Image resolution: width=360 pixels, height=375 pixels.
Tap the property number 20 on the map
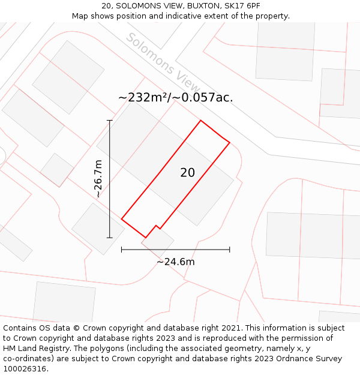point(187,173)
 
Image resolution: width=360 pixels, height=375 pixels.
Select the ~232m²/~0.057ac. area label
point(175,98)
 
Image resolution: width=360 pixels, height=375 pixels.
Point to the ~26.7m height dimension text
point(98,179)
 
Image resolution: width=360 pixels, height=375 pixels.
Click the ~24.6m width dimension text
point(175,262)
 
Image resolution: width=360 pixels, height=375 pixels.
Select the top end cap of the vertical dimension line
point(110,121)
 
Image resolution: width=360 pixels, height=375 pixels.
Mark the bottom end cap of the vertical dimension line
point(110,238)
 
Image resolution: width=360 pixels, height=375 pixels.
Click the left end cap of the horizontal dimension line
point(122,249)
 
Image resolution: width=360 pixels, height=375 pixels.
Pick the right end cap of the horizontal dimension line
point(230,249)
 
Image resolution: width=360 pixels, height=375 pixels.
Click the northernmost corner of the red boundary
point(200,121)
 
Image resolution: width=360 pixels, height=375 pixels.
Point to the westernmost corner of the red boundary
point(122,219)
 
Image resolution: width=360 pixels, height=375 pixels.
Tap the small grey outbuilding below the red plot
point(158,241)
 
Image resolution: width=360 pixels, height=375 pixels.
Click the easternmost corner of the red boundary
point(230,143)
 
